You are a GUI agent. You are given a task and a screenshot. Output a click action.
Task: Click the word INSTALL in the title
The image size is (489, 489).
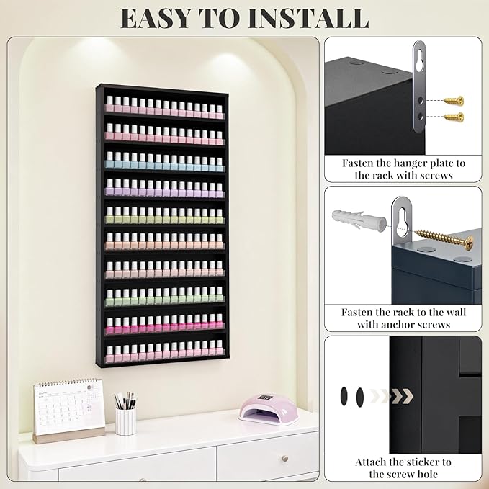pos(308,19)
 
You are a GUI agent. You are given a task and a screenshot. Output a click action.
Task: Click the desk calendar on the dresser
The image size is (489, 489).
pos(68,411)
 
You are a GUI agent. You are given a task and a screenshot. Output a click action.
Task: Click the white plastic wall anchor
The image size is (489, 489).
pos(359,220)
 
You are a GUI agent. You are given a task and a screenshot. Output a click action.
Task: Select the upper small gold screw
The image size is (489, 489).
pos(454,101)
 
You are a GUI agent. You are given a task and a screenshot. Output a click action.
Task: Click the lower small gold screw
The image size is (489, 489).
pos(454,117)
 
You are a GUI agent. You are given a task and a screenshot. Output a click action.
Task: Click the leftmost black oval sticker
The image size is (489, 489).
pos(344,396)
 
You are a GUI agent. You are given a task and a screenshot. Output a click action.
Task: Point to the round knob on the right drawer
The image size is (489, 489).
pos(284,458)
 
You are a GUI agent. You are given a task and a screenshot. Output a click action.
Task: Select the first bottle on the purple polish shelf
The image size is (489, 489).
pos(109,187)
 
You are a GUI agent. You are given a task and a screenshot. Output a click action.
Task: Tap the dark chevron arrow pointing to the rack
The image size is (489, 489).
pos(403,396)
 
